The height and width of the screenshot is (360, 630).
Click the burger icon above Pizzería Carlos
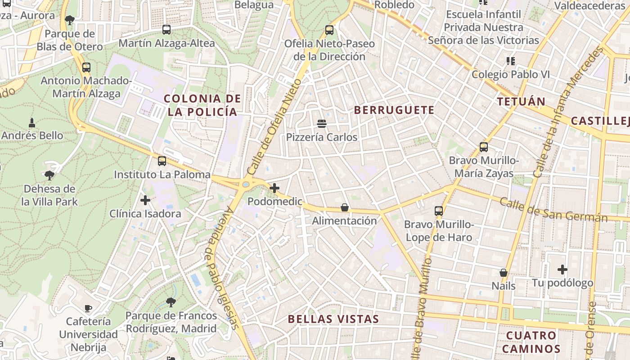[x=321, y=123]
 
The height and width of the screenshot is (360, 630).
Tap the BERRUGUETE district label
[x=394, y=110]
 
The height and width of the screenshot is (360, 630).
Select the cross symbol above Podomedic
[x=274, y=188]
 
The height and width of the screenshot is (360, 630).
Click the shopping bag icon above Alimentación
[x=344, y=207]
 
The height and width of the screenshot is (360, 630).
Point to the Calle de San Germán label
[x=553, y=210]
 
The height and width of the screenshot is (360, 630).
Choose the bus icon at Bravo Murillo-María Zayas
[x=484, y=147]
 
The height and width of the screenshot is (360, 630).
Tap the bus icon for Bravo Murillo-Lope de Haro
[x=439, y=211]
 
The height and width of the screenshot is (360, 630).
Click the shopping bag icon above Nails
[x=503, y=273]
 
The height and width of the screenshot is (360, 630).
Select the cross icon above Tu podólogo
[x=562, y=270]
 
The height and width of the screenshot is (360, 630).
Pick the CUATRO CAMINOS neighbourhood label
[x=531, y=342]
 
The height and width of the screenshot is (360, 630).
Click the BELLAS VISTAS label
[x=333, y=319]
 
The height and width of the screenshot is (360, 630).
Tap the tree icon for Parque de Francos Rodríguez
[x=171, y=302]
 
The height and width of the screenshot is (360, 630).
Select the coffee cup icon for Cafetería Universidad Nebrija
[x=88, y=308]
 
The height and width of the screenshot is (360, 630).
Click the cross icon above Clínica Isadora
[x=145, y=200]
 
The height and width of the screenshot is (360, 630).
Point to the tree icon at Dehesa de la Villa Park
[x=49, y=175]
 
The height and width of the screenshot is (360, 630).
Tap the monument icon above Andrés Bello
[x=32, y=122]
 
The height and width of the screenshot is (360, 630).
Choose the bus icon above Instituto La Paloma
[x=162, y=161]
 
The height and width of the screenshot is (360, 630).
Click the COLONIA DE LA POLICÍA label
[x=202, y=105]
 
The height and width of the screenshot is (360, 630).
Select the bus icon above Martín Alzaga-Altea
[x=166, y=30]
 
